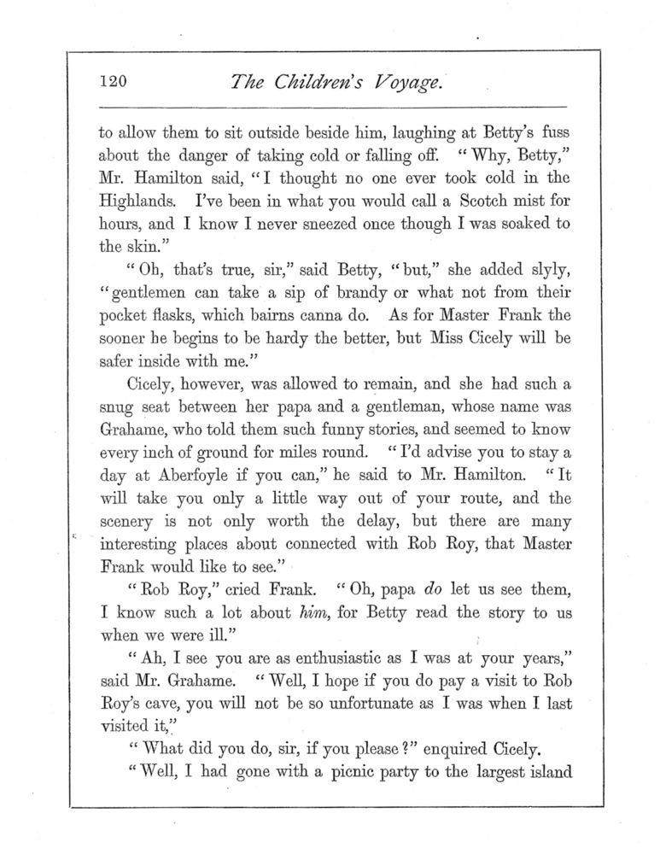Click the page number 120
coord(113,83)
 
